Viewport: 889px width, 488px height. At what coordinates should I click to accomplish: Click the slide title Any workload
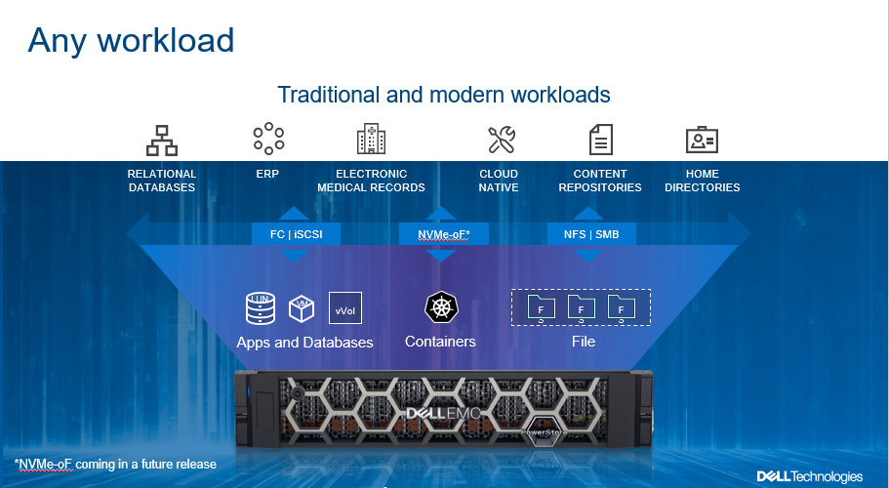click(131, 40)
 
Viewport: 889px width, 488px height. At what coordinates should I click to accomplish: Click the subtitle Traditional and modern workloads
click(444, 95)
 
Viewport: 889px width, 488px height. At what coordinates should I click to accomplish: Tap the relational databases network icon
click(162, 140)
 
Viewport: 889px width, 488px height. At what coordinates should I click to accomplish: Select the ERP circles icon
click(268, 139)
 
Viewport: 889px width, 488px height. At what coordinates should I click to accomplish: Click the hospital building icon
click(371, 139)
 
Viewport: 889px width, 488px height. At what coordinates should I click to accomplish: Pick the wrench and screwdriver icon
click(501, 140)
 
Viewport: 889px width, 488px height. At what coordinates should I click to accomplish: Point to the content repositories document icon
click(600, 139)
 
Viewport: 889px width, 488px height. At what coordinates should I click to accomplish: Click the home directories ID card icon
click(702, 140)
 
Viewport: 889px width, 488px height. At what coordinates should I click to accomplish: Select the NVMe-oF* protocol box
click(441, 234)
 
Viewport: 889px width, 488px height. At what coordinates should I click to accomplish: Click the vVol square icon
click(344, 308)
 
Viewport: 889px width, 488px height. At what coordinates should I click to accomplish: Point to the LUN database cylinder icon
click(260, 307)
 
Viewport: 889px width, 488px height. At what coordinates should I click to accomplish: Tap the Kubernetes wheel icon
click(441, 307)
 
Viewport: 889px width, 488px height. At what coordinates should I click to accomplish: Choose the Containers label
click(440, 342)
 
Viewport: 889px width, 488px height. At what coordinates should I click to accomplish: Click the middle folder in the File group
click(582, 308)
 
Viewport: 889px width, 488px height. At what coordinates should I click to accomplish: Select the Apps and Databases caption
click(304, 343)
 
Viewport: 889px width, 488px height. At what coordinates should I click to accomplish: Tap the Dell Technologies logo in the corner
click(809, 475)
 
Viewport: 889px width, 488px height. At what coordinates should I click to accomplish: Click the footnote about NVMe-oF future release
click(115, 464)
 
